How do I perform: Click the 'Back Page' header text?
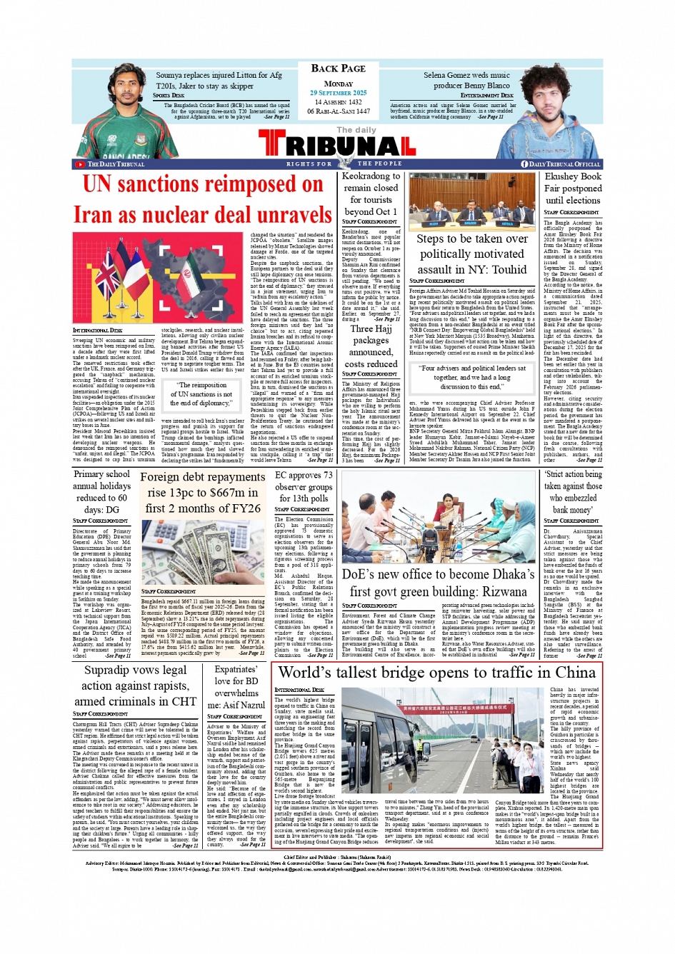click(x=338, y=69)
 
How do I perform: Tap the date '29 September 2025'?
click(x=338, y=93)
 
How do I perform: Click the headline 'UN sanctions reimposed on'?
click(x=203, y=184)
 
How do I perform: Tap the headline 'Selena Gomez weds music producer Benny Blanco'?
click(x=466, y=80)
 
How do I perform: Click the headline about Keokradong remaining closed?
click(x=371, y=194)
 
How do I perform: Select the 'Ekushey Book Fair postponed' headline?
click(x=573, y=189)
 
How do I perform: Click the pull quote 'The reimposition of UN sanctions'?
click(x=204, y=394)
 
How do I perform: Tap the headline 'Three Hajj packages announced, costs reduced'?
click(x=371, y=346)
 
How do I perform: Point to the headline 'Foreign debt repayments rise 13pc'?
click(x=202, y=492)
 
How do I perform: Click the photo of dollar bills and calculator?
click(x=202, y=552)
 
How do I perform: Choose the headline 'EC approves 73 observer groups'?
click(x=304, y=486)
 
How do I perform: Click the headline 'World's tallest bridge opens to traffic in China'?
click(x=436, y=673)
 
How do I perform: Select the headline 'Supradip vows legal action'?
click(x=135, y=686)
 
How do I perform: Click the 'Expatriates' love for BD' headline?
click(x=236, y=687)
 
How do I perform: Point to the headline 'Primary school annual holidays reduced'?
click(x=101, y=491)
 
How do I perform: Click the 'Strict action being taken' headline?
click(x=573, y=491)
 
